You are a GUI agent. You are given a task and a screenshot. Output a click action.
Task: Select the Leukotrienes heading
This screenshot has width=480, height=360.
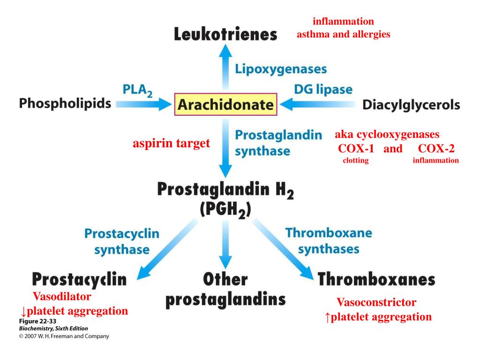point(225,35)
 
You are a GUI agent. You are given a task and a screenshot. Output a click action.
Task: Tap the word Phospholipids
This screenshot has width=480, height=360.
point(65,104)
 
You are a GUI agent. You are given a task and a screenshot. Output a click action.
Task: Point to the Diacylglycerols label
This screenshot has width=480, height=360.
point(411,105)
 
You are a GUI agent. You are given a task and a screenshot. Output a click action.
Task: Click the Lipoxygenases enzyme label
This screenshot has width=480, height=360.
point(281,69)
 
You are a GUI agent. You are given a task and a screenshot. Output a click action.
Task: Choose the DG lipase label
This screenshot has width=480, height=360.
point(323,89)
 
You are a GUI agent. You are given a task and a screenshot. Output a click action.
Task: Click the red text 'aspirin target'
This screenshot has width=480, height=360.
point(171,143)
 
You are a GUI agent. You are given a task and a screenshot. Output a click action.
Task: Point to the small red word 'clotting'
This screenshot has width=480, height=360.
point(355,160)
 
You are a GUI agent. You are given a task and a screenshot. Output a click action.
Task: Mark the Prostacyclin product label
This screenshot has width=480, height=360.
point(79,280)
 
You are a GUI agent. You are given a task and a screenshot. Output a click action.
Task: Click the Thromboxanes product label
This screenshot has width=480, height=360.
point(376,280)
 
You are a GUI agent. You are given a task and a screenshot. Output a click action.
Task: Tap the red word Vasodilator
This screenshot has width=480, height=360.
point(62,296)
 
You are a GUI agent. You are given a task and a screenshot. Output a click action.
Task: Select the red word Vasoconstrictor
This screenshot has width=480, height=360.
point(376,302)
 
